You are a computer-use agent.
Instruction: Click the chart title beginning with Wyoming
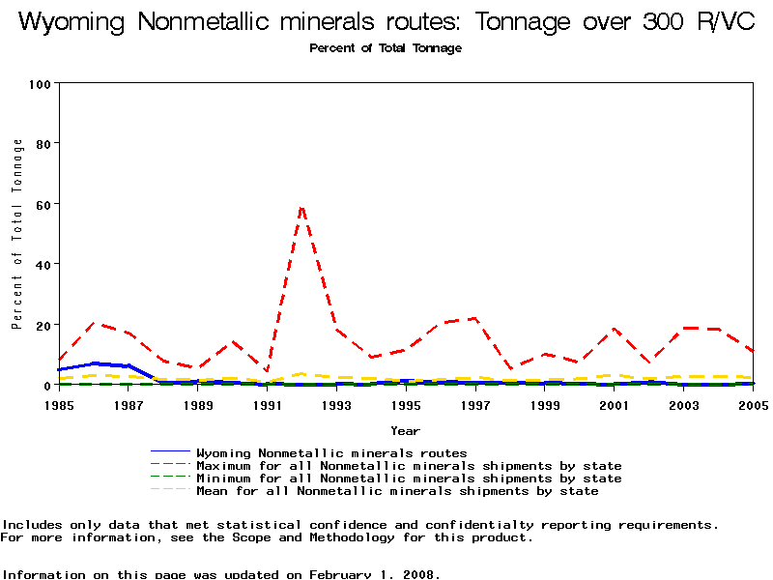pyautogui.click(x=386, y=22)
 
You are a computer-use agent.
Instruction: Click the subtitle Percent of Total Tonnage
pyautogui.click(x=386, y=48)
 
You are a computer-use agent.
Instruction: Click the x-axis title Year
pyautogui.click(x=405, y=430)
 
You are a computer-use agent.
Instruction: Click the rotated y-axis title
pyautogui.click(x=17, y=234)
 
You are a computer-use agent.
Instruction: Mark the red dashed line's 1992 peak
pyautogui.click(x=302, y=206)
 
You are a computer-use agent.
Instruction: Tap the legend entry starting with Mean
pyautogui.click(x=397, y=490)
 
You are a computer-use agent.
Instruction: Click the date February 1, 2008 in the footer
pyautogui.click(x=374, y=574)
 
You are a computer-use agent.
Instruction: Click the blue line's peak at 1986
pyautogui.click(x=95, y=363)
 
